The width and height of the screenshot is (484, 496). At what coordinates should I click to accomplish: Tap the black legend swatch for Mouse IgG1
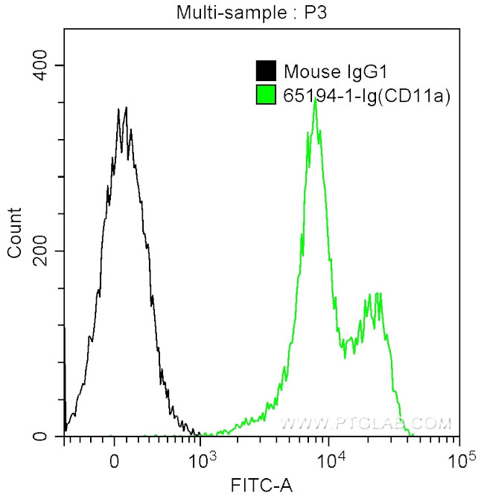[x=265, y=71]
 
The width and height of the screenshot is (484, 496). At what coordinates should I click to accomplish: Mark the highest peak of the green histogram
[x=316, y=100]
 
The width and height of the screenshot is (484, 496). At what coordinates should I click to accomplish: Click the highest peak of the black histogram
[x=126, y=108]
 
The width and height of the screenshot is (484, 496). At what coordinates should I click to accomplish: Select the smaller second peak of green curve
[x=378, y=294]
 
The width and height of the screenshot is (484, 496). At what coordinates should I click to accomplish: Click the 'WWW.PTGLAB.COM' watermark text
[x=365, y=424]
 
